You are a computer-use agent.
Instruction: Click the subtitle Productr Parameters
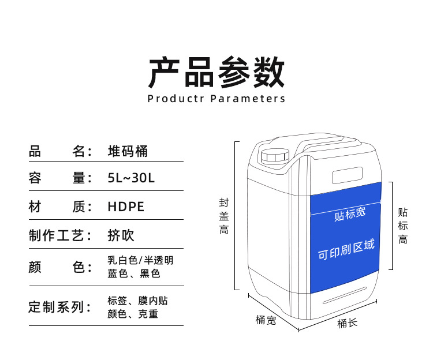click(216, 99)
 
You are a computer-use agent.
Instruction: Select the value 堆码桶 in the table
click(128, 151)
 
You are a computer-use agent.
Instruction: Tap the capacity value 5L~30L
click(131, 178)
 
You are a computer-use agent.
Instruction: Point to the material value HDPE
click(126, 207)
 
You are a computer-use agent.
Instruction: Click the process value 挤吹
click(121, 235)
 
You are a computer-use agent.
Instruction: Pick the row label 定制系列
click(60, 307)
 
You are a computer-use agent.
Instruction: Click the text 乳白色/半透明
click(140, 260)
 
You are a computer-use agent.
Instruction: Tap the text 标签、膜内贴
click(138, 301)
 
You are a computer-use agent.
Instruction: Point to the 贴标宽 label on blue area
click(350, 214)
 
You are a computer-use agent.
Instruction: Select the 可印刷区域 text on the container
click(346, 250)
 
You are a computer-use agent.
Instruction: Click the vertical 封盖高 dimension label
click(223, 216)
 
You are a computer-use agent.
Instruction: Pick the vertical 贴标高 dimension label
click(403, 226)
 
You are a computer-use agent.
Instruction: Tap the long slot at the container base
click(345, 294)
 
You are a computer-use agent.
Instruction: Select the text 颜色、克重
click(133, 314)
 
